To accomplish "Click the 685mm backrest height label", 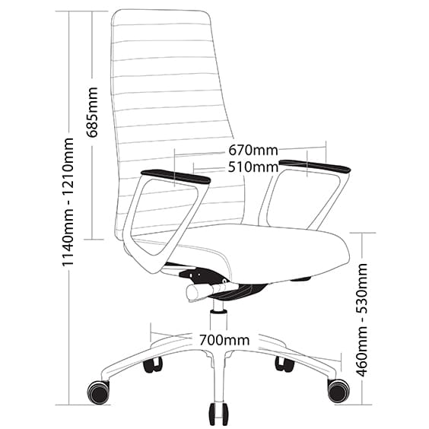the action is point(92,112).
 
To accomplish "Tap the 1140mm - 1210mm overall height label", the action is point(67,202).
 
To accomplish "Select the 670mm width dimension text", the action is point(253,150).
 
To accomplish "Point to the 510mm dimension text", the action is point(253,167).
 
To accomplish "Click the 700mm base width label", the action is point(224,340).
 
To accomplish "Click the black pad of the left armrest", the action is point(176,176).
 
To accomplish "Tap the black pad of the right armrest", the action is point(315,166).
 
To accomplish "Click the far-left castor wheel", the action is point(98,392).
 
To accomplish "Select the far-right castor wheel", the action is point(338,391).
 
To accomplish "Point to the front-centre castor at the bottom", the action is point(218,414).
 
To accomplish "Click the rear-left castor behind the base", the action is point(153,365).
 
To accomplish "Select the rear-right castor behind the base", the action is point(284,364).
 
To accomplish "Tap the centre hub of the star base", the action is point(219,356).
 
